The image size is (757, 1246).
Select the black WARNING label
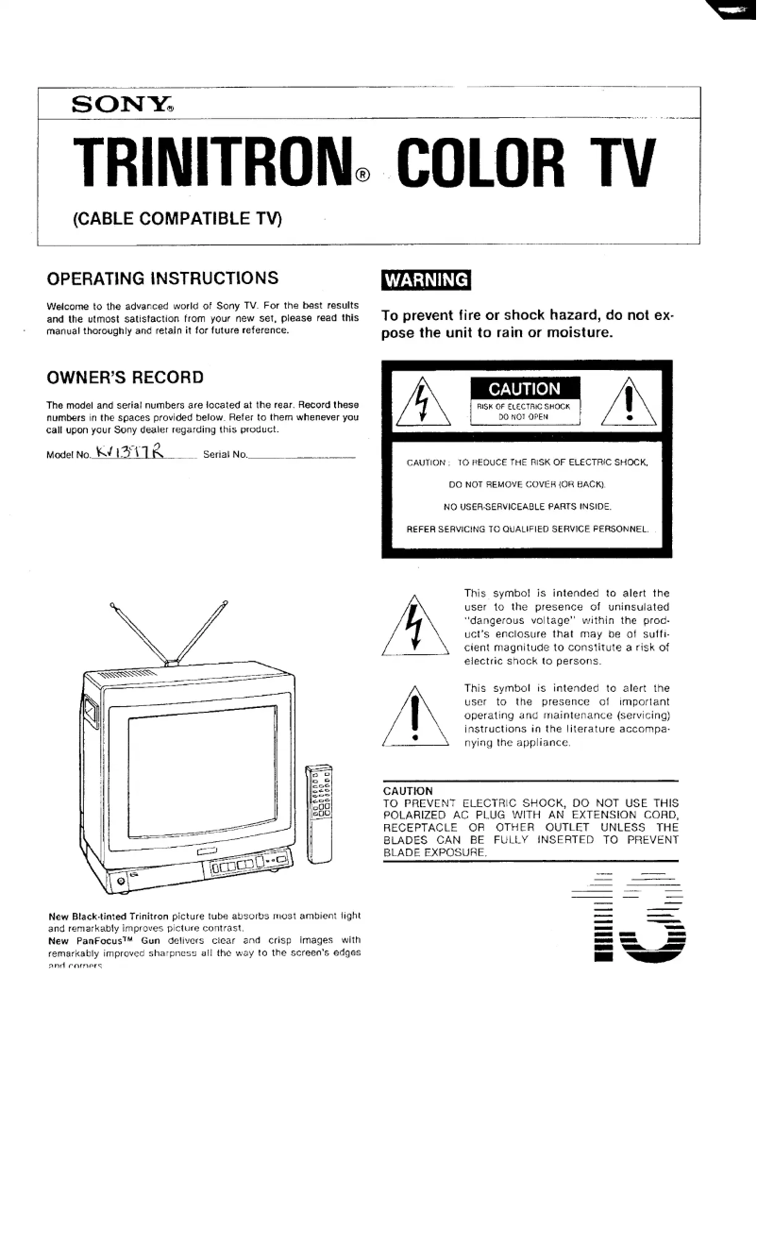pyautogui.click(x=426, y=280)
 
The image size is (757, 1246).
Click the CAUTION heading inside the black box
pyautogui.click(x=524, y=389)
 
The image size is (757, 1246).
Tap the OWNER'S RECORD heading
pyautogui.click(x=125, y=378)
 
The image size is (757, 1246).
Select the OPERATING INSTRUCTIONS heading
pyautogui.click(x=162, y=278)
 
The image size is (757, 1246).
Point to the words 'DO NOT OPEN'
pyautogui.click(x=524, y=415)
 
